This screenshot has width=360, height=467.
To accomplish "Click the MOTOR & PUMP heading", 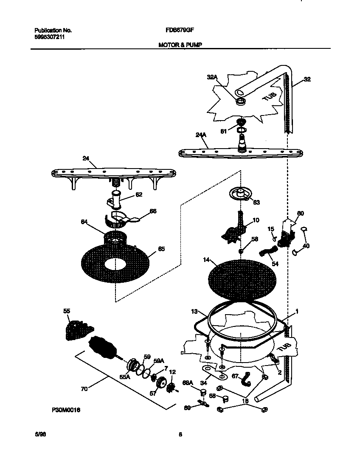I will click(177, 44).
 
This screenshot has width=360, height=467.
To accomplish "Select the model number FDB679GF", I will click(177, 31).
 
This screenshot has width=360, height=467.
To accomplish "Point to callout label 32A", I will click(212, 77).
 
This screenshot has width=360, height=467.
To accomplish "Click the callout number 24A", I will click(201, 135).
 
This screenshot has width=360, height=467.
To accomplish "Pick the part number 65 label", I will click(161, 249).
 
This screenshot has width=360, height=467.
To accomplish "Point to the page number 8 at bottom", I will click(180, 434).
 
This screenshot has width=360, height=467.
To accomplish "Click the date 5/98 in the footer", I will click(39, 434).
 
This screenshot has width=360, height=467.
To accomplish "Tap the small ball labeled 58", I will click(240, 251).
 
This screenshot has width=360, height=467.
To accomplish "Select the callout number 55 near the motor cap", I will click(67, 311).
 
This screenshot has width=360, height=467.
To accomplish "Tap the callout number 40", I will click(306, 246).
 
